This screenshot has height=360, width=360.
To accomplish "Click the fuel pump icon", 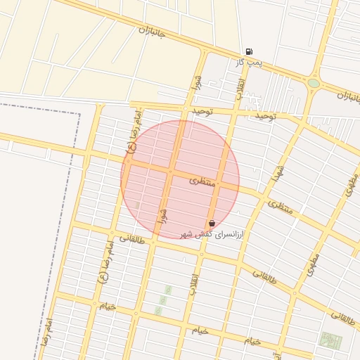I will pos(249,51).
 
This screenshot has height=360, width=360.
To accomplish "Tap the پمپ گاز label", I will pos(248,63).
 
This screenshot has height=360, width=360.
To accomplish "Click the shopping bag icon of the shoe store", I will pos(212,223).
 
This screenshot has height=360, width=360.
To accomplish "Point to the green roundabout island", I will pos(314,83).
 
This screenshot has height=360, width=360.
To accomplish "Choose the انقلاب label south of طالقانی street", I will pos(194,283).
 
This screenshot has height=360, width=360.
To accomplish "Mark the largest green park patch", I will pos(330,340).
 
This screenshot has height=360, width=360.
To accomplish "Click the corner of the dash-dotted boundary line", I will pos(78,114).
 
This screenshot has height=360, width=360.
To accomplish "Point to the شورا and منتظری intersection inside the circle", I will pos(170,171).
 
